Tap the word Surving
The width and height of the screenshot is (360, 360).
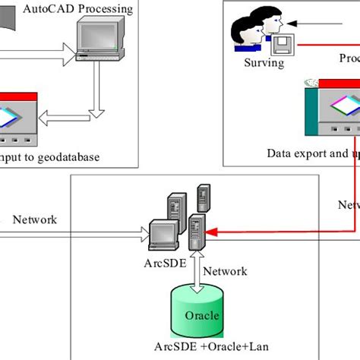pyautogui.click(x=264, y=64)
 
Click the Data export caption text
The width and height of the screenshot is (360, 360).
pyautogui.click(x=311, y=153)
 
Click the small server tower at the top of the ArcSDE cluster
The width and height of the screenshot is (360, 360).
pyautogui.click(x=203, y=197)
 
